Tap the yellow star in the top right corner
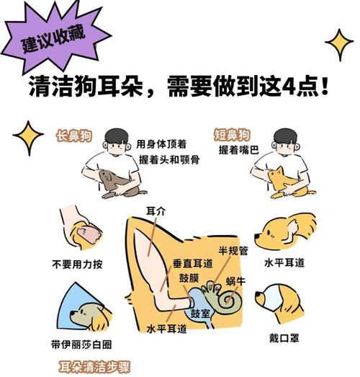pos(338,44)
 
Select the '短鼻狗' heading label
pos(232,135)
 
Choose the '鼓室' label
pos(199,314)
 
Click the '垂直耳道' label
pos(192,264)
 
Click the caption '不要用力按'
pos(76,264)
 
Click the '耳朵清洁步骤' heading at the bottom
pos(94,366)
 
